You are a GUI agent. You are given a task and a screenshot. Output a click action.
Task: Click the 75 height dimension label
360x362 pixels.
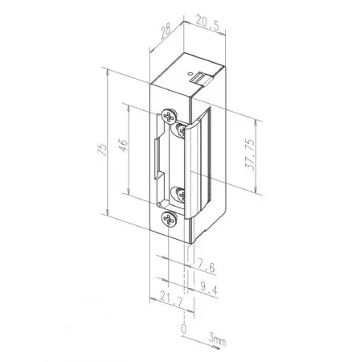tap(103, 150)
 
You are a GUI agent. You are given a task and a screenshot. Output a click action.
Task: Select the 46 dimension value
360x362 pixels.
tap(124, 145)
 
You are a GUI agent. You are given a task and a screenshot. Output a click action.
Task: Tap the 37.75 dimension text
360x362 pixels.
tap(250, 154)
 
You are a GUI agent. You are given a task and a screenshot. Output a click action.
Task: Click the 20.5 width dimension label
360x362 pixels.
tap(208, 23)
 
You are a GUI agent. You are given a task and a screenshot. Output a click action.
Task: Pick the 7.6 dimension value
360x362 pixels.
tap(207, 266)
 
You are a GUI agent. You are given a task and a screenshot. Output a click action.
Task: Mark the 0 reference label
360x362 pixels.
tap(184, 328)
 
